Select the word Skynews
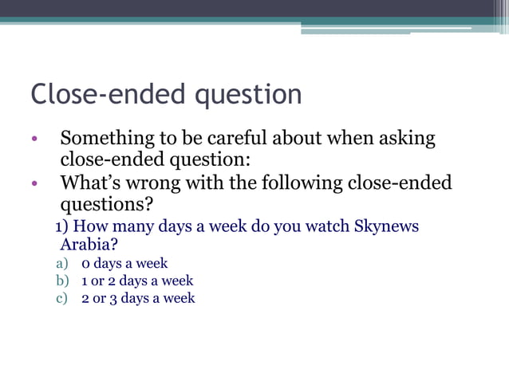pos(385,226)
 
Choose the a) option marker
pos(62,263)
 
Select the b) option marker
pos(62,281)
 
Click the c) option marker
pos(62,298)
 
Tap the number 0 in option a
pos(85,264)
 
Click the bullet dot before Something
pos(35,140)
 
